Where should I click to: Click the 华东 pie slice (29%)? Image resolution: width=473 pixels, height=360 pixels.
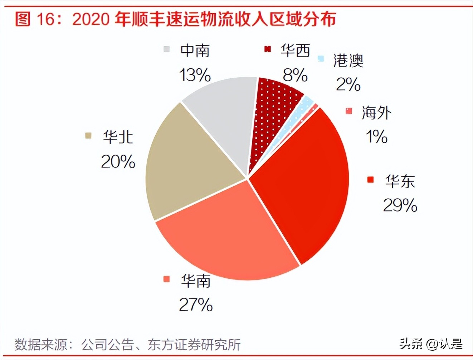[x=304, y=186]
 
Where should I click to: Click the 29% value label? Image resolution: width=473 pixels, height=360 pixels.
[x=400, y=205]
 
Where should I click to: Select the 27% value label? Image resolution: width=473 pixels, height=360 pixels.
[x=196, y=305]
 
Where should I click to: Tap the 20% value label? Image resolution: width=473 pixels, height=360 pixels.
[x=118, y=162]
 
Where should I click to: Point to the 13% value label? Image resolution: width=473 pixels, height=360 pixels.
[x=195, y=75]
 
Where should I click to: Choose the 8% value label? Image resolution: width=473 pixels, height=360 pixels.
[x=295, y=75]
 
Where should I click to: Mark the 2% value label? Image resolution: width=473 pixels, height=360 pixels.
[x=348, y=84]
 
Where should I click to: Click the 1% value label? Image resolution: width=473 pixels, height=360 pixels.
[x=376, y=136]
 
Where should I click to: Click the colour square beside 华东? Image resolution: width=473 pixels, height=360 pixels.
[x=370, y=180]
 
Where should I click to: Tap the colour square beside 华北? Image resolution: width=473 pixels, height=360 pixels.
[x=88, y=136]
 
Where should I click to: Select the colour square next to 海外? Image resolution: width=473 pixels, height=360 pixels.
[x=349, y=111]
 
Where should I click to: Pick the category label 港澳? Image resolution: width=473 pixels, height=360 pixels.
[x=348, y=60]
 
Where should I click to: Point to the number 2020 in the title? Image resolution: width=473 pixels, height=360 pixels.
[x=91, y=19]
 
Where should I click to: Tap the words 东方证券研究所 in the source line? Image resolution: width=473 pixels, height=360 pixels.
[x=194, y=345]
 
